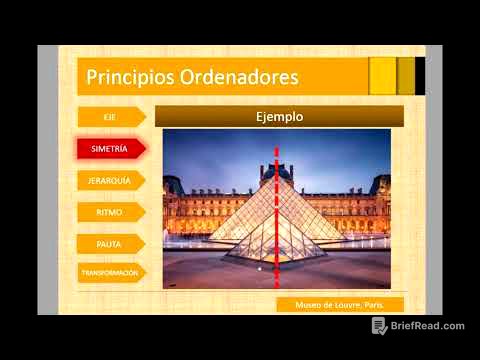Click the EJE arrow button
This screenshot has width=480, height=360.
[110, 117]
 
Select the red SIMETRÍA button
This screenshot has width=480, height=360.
[110, 149]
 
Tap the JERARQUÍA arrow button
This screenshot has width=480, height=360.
[110, 180]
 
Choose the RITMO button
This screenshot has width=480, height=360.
[110, 211]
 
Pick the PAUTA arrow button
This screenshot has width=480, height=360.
[110, 242]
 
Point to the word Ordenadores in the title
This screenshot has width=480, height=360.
[240, 77]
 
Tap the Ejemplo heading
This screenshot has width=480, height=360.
[279, 117]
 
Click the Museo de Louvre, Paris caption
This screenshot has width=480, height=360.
[341, 304]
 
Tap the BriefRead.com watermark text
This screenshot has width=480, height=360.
[428, 326]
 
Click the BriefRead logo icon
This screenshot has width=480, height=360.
[380, 326]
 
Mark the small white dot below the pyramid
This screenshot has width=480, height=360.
[260, 269]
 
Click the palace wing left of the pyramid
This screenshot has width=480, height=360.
[195, 205]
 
